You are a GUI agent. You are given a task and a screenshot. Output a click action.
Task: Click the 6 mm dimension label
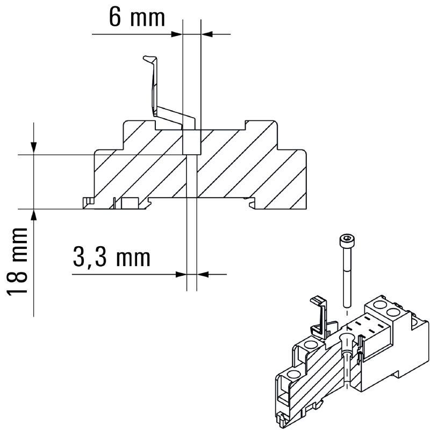[x=137, y=17]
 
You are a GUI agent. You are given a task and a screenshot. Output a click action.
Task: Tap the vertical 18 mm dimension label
[x=17, y=261]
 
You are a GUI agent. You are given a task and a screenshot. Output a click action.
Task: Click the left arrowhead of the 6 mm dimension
[x=177, y=34]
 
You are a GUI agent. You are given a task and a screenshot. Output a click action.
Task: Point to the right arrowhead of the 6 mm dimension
[x=207, y=34]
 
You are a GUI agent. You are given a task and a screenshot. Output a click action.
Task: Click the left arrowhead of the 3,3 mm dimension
[x=181, y=274]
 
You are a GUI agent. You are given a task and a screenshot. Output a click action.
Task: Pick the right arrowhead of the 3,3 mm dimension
[x=203, y=274]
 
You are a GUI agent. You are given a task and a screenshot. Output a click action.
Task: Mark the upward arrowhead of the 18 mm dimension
[x=33, y=216]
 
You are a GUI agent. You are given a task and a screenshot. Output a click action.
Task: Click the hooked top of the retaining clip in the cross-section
[x=150, y=59]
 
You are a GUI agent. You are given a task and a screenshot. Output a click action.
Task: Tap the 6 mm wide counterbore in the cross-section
[x=192, y=142]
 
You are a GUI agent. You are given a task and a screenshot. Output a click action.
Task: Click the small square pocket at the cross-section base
[x=130, y=203]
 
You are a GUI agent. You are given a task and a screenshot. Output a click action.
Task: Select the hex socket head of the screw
[x=347, y=241]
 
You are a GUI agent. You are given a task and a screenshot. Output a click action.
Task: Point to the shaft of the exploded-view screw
[x=347, y=277]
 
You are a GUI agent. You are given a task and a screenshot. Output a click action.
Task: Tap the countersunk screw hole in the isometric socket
[x=346, y=339]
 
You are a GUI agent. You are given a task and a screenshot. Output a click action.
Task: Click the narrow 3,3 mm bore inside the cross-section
[x=192, y=176]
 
